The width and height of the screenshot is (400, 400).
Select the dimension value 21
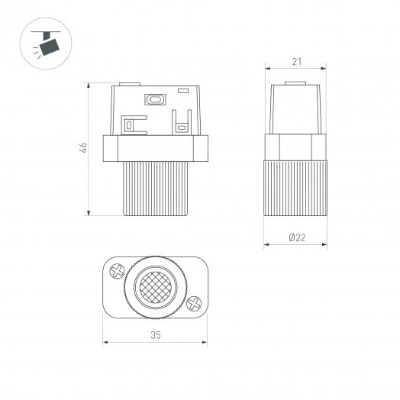pyautogui.click(x=295, y=61)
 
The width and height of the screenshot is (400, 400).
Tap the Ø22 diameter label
pyautogui.click(x=297, y=237)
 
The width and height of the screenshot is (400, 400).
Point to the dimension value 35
pyautogui.click(x=156, y=334)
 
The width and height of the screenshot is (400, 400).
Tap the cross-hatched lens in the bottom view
pyautogui.click(x=155, y=286)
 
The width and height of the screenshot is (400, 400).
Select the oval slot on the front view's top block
pyautogui.click(x=155, y=98)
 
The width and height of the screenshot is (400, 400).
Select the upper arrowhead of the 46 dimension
pyautogui.click(x=91, y=82)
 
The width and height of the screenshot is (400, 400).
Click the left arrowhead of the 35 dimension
pyautogui.click(x=105, y=341)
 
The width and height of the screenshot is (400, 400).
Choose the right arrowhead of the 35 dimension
pyautogui.click(x=206, y=341)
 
